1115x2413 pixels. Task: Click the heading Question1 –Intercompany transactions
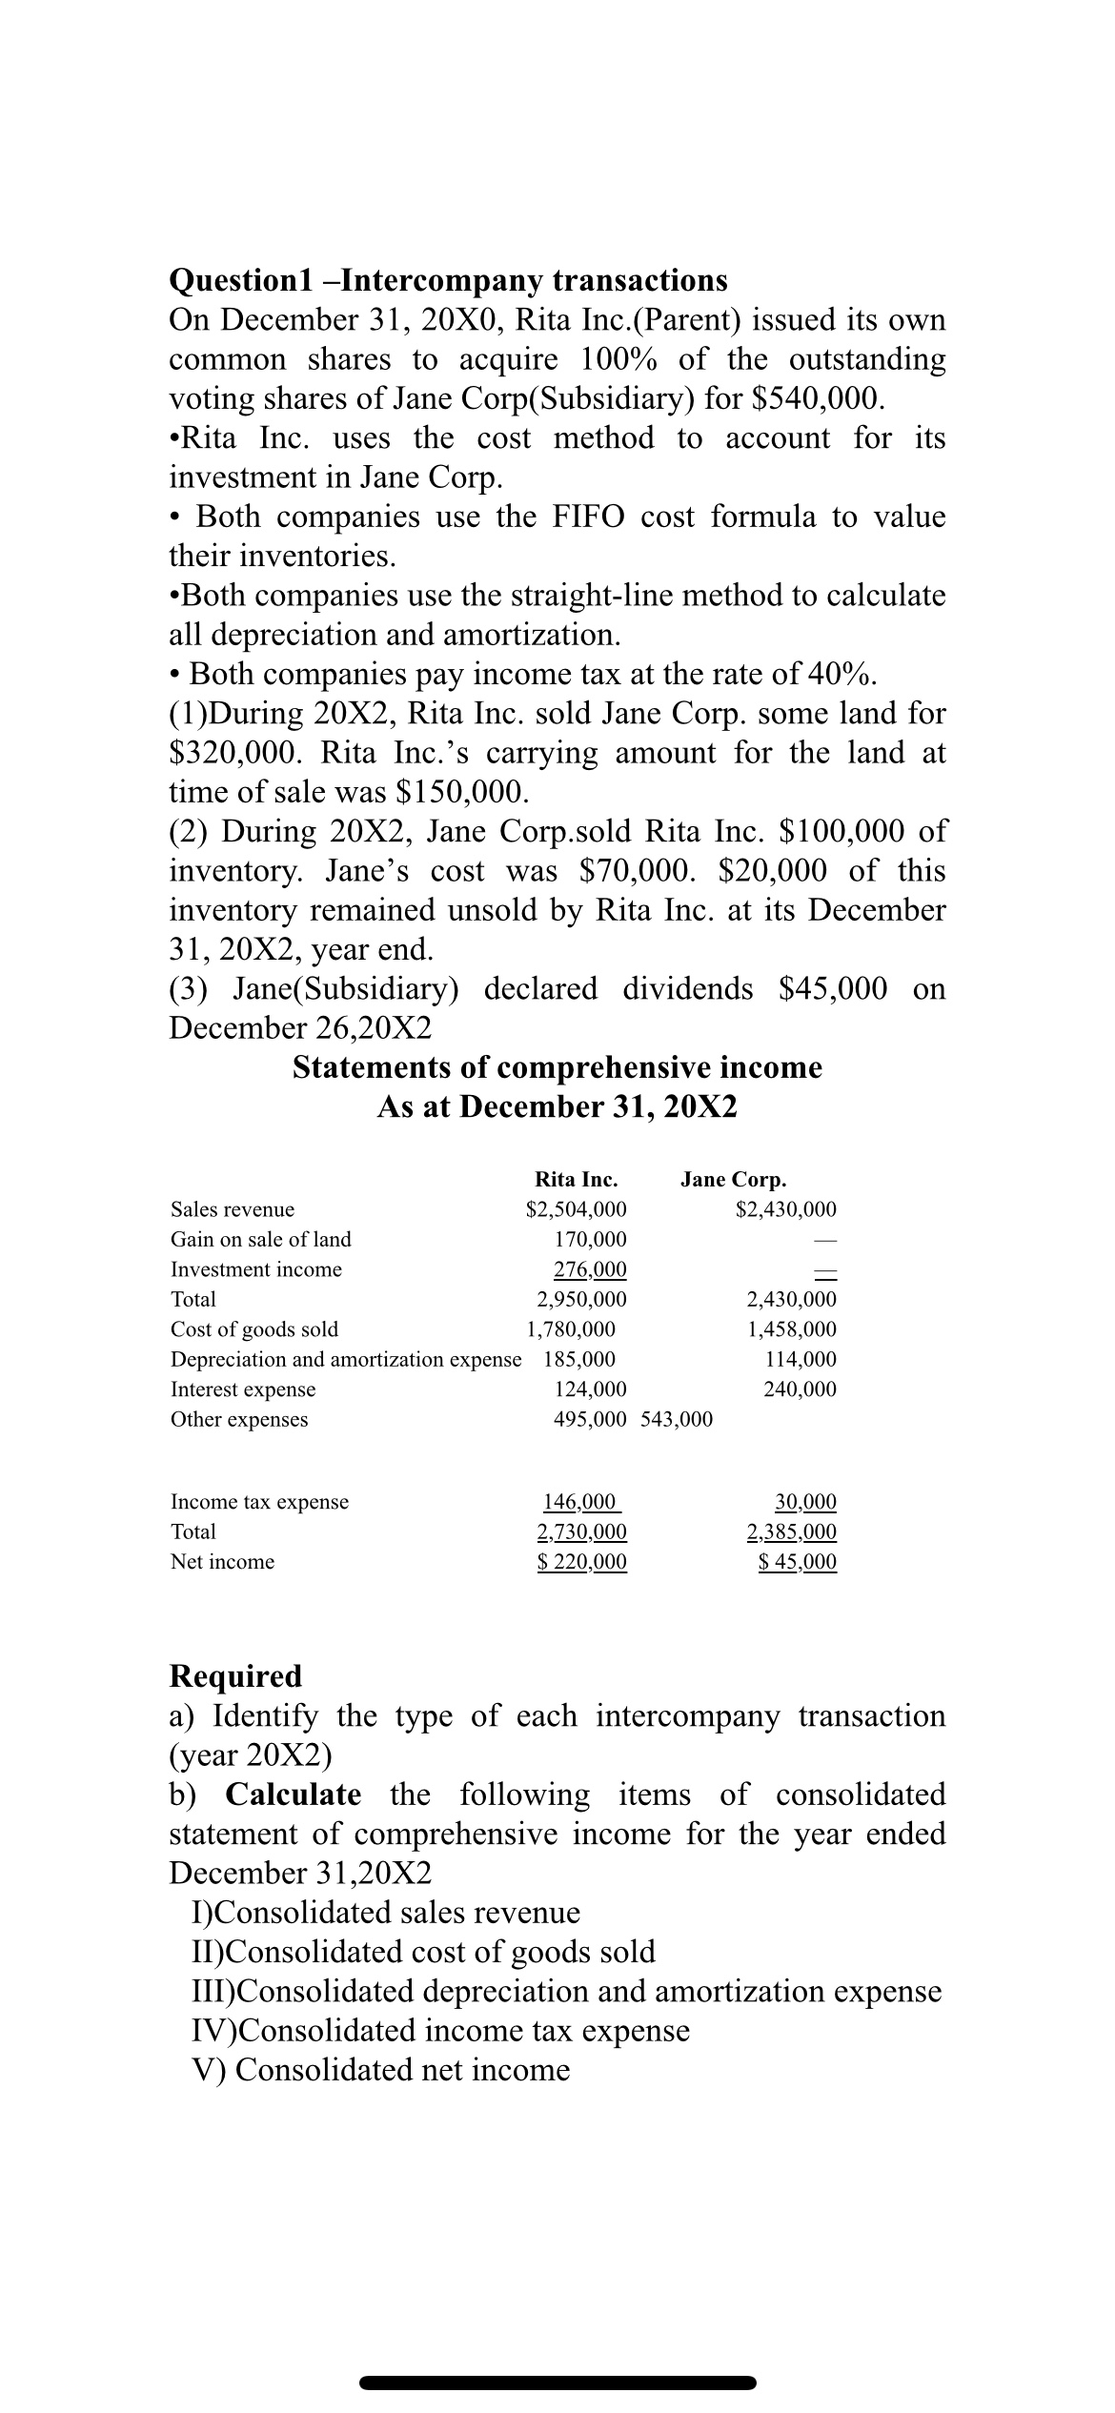448,280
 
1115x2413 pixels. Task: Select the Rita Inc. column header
576,1180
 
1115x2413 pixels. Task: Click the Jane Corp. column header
733,1180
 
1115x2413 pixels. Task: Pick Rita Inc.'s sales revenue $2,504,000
577,1209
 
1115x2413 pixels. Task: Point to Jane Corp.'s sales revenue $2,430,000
786,1209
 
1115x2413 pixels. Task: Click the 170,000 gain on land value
590,1239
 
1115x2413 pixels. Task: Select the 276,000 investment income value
590,1268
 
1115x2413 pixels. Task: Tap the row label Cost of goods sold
253,1328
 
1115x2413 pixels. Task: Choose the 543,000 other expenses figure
678,1419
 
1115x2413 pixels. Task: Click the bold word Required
234,1675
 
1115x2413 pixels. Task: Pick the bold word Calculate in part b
293,1795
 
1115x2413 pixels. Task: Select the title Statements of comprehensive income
557,1067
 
